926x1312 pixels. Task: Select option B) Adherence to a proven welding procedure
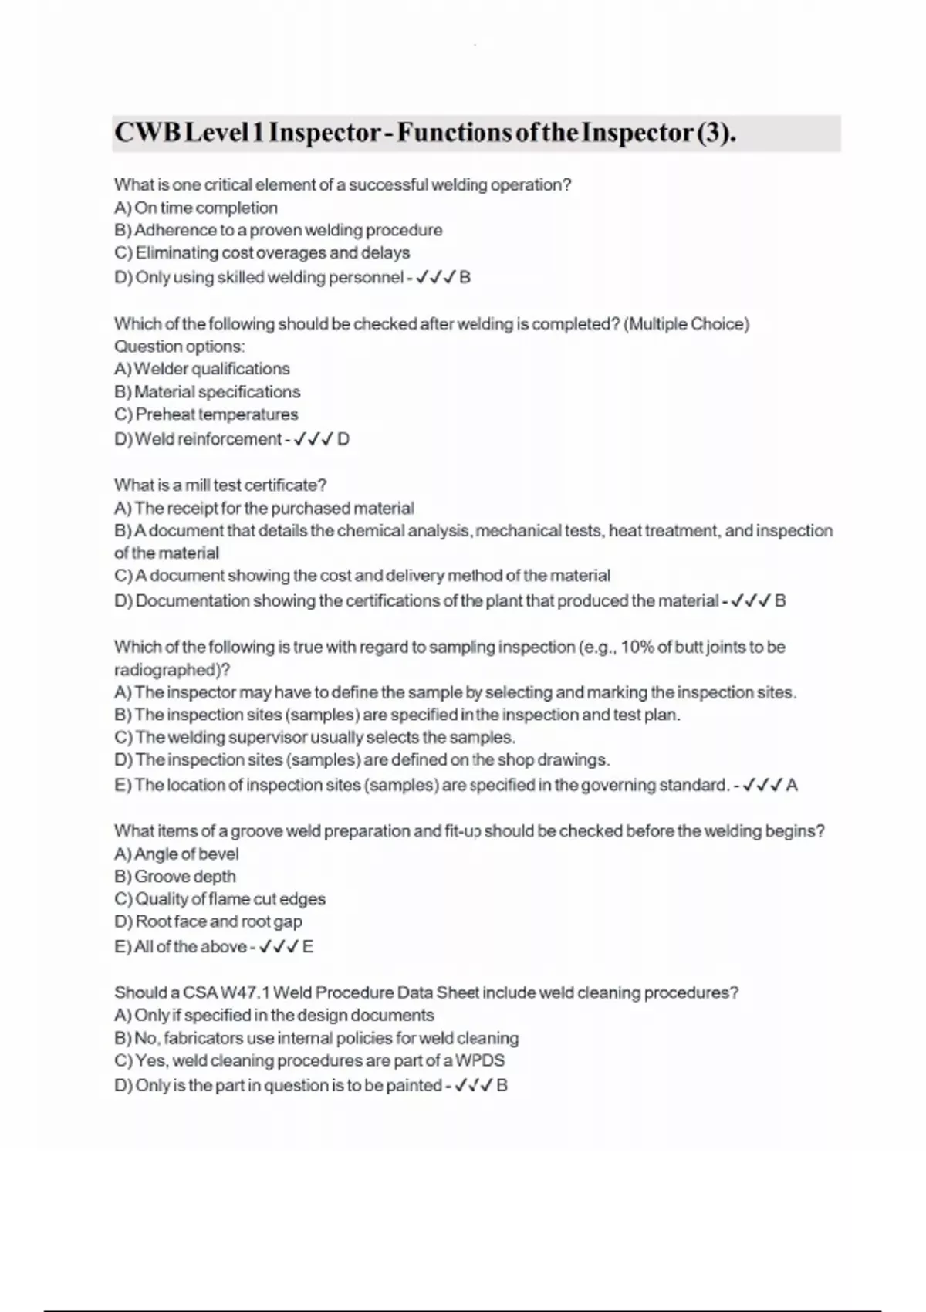[279, 230]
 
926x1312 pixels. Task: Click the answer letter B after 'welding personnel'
[465, 277]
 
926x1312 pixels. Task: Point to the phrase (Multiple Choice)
[686, 324]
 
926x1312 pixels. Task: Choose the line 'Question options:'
[179, 347]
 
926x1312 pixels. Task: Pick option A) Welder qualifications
[202, 369]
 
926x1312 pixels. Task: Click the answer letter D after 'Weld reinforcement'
[343, 439]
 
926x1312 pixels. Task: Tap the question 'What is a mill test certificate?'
[221, 485]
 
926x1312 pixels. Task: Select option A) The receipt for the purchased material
[264, 509]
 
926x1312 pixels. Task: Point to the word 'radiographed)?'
[172, 670]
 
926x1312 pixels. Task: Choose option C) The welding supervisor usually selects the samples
[315, 737]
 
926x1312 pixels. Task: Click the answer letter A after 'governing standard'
[792, 786]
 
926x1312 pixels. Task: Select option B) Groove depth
[175, 877]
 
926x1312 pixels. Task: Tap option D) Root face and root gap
[208, 921]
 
